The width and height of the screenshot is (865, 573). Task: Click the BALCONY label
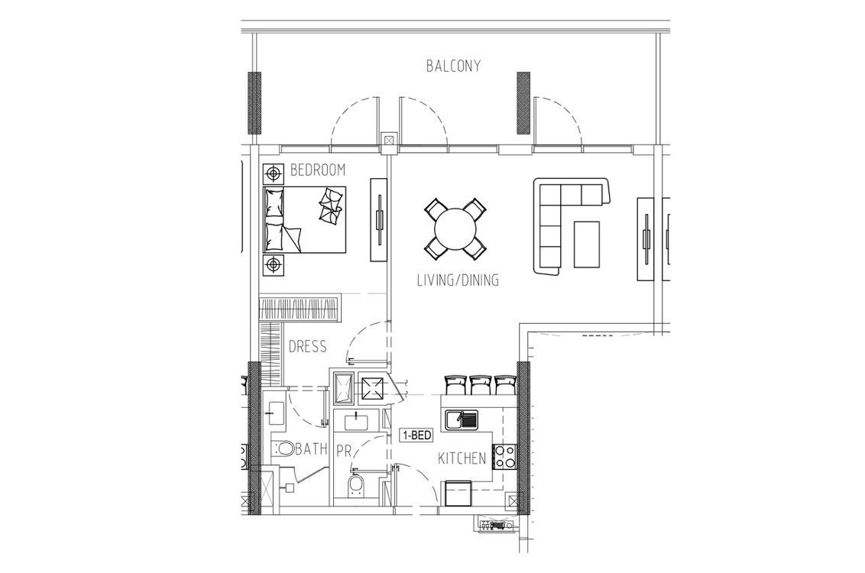[x=453, y=66]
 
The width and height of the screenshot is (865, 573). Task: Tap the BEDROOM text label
[x=318, y=170]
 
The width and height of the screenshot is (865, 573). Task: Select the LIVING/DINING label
[x=458, y=280]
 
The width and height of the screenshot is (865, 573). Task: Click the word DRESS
[x=308, y=346]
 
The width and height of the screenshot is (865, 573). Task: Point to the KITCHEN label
[x=462, y=458]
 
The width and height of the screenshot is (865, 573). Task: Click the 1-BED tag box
[x=416, y=435]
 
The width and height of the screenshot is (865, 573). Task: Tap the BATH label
[x=311, y=449]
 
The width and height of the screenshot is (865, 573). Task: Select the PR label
[x=344, y=452]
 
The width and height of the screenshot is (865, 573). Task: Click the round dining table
[x=455, y=228]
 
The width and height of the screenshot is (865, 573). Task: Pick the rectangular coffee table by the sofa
[x=587, y=244]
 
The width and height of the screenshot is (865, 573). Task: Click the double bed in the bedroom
[x=305, y=219]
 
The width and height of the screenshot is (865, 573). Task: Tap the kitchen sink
[x=462, y=420]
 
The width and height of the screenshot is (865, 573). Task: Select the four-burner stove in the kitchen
[x=505, y=456]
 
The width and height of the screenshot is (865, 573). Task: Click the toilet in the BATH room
[x=283, y=448]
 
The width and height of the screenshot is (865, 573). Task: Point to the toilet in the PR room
[x=356, y=483]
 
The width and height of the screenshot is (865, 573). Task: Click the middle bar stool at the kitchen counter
[x=480, y=385]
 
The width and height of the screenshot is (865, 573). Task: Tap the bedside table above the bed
[x=273, y=174]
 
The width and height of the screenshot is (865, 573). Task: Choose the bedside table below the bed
[x=273, y=265]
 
